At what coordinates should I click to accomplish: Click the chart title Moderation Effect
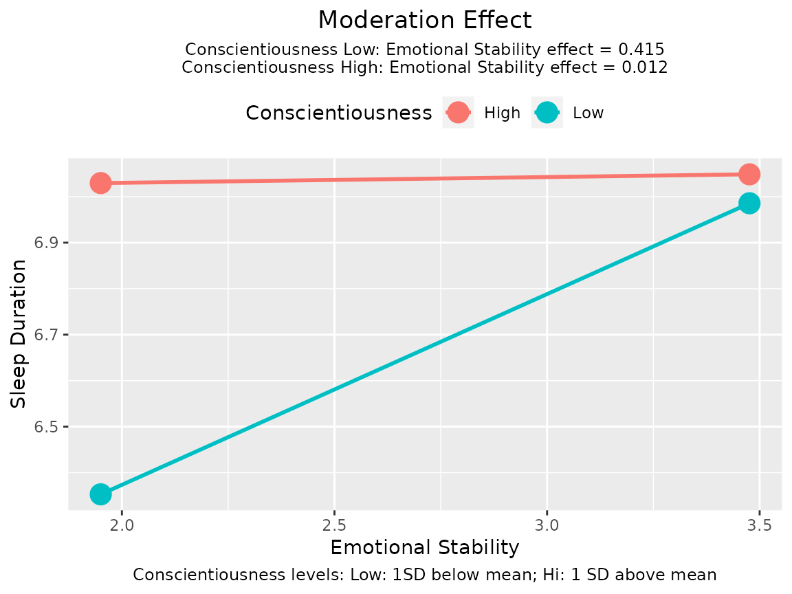(425, 20)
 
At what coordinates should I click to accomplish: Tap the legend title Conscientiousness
(338, 113)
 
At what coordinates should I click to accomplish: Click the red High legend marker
(458, 113)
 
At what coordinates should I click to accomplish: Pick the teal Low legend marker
(547, 113)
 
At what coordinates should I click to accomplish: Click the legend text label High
(502, 113)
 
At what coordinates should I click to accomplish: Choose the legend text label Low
(588, 113)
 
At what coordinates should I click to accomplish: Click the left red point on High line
(100, 183)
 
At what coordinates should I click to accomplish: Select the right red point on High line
(749, 175)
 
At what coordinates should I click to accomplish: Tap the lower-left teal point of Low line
(100, 494)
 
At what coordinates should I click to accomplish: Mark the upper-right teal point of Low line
(749, 203)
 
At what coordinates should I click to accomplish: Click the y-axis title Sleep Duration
(19, 334)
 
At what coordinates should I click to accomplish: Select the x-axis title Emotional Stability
(424, 548)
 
